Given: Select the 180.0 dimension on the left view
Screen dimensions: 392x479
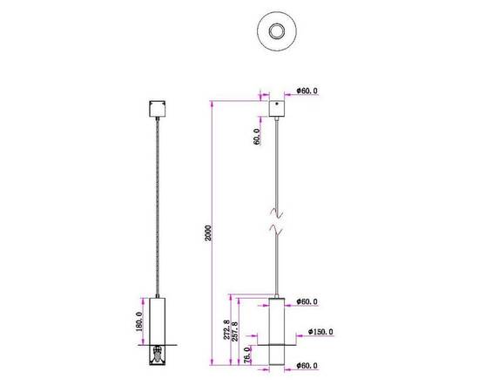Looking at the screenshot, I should coord(138,321).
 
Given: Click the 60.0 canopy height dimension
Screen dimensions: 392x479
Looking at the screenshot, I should coord(258,136).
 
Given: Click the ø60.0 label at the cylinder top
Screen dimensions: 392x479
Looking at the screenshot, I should coord(307,302).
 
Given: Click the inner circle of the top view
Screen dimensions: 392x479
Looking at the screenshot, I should coord(278,33).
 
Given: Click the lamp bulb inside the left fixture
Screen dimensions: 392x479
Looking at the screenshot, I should coord(157,355).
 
